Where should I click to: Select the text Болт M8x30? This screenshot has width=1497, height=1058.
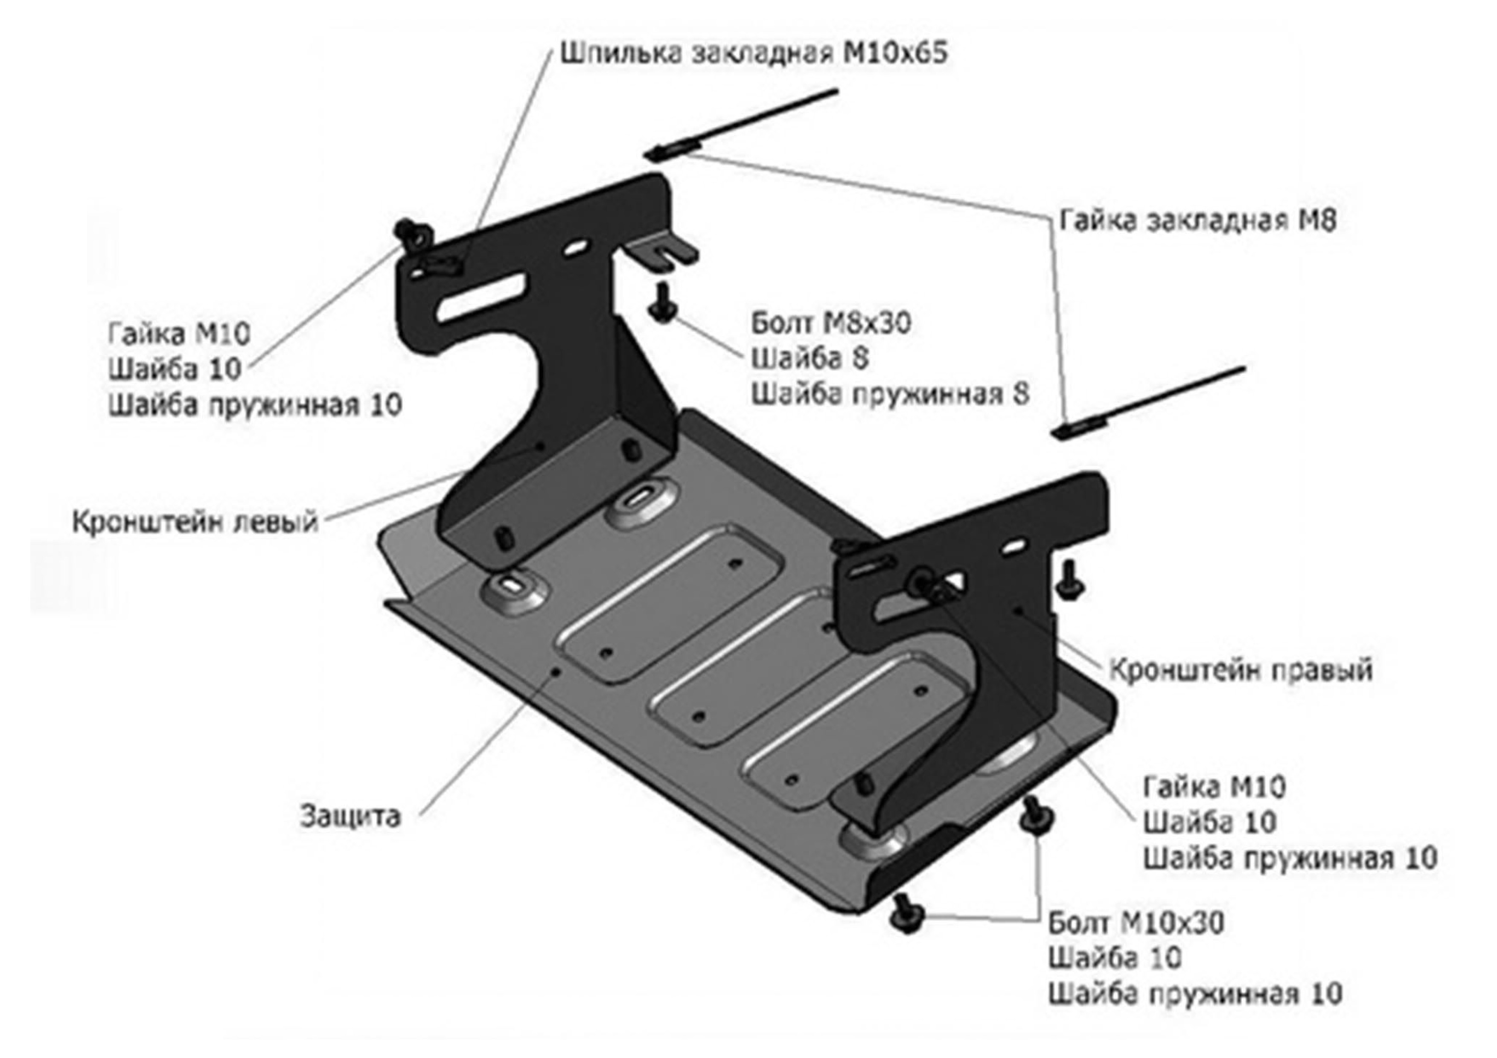coord(831,323)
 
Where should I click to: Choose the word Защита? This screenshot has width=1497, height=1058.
coord(350,816)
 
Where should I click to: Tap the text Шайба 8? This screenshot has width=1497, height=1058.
coord(810,358)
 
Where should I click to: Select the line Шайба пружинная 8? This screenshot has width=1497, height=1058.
coord(891,394)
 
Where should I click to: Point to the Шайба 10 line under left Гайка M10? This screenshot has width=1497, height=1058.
coord(175,369)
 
